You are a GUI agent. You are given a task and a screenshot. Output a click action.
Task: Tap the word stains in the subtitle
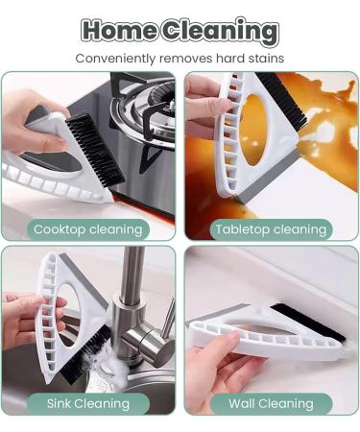click(264, 59)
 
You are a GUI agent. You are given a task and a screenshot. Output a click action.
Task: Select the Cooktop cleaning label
click(87, 229)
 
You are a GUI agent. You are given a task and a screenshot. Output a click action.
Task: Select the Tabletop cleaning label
click(272, 229)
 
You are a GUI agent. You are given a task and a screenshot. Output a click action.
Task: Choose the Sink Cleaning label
click(87, 403)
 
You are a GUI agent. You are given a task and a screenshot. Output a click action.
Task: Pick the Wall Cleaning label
click(272, 403)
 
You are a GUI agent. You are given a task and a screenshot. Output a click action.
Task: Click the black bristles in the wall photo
click(307, 323)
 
